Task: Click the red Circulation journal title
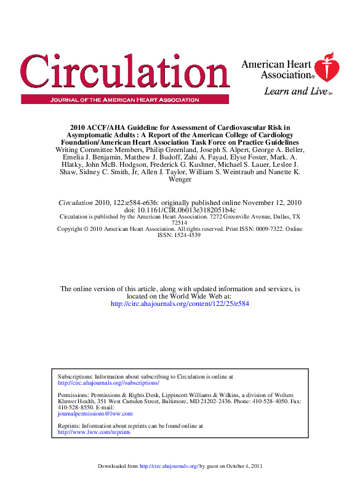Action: point(117,73)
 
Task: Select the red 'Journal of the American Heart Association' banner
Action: point(125,99)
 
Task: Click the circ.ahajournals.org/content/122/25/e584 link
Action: point(180,303)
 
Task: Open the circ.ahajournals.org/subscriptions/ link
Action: point(108,382)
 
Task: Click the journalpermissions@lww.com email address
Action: point(95,414)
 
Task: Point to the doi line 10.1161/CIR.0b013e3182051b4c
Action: point(180,210)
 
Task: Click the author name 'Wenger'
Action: point(180,180)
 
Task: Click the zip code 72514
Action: point(180,223)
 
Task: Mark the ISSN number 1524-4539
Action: point(180,235)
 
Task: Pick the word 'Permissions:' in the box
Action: point(73,395)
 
